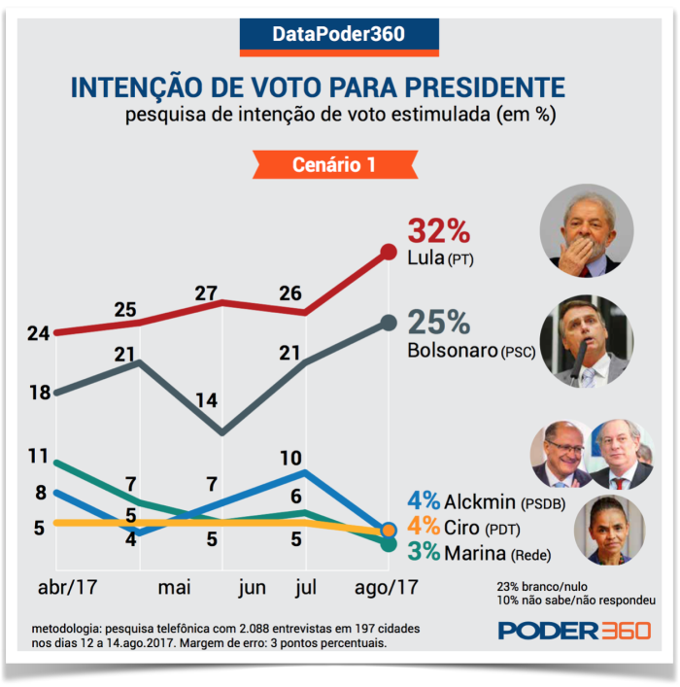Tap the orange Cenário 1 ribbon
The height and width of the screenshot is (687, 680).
point(334,165)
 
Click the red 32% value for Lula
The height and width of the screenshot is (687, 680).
point(439,232)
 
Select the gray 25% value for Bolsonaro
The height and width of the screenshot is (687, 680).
point(439,323)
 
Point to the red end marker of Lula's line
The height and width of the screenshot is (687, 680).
point(389,253)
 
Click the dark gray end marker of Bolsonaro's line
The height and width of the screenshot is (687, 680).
point(389,323)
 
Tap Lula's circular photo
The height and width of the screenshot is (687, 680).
point(586,231)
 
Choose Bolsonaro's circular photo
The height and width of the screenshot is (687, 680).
point(586,341)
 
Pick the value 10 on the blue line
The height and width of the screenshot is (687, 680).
point(303,458)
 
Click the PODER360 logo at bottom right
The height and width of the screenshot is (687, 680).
point(574,631)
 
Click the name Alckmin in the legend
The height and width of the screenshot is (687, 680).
point(482,501)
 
